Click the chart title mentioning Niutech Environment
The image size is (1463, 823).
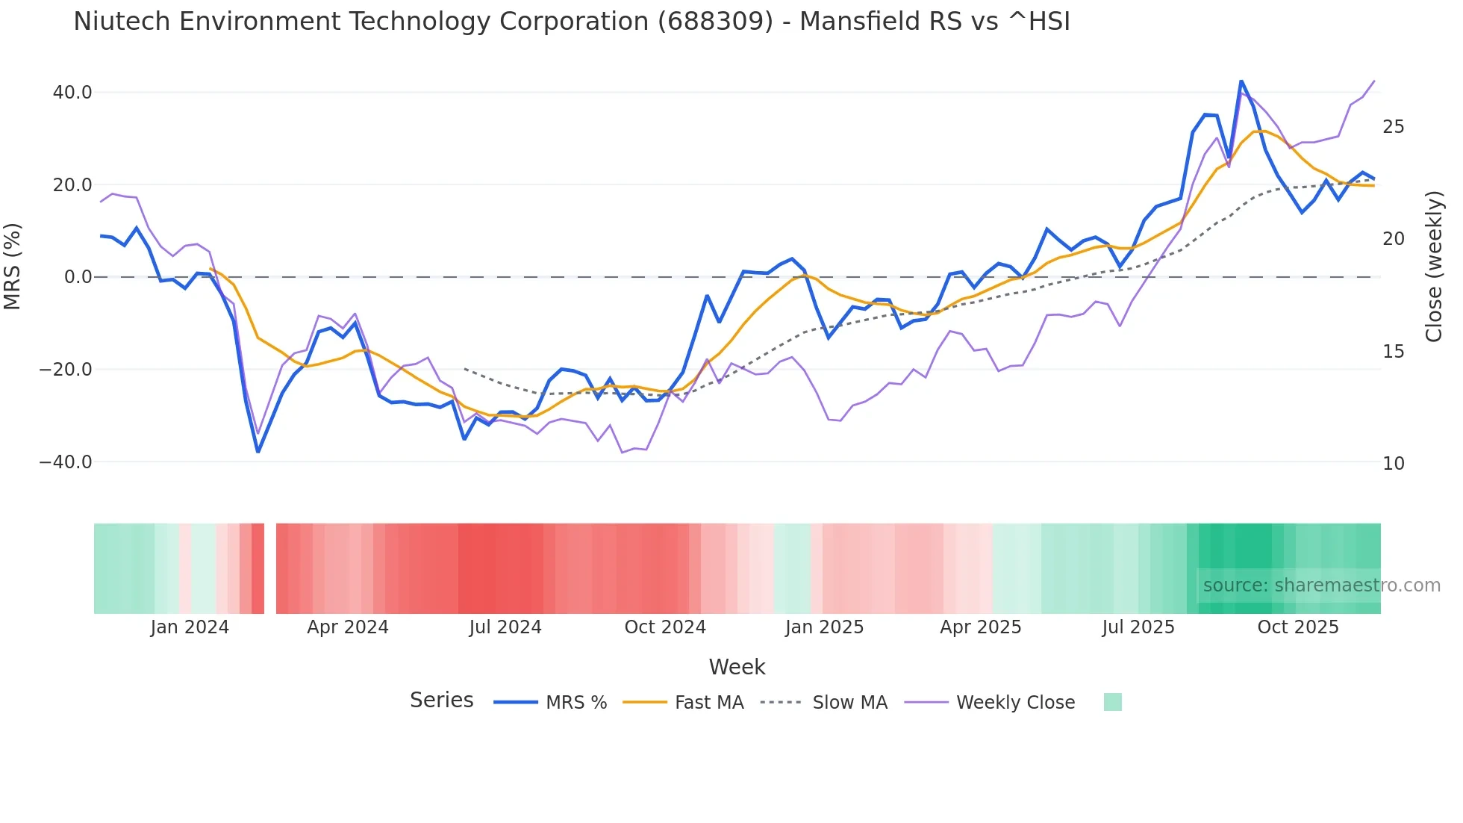click(x=571, y=22)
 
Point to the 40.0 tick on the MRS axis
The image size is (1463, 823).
click(x=72, y=93)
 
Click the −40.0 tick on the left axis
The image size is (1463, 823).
click(x=66, y=462)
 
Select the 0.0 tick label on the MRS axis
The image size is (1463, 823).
click(x=78, y=277)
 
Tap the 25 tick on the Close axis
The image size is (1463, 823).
click(x=1393, y=127)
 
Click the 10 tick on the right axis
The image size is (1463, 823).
click(x=1393, y=464)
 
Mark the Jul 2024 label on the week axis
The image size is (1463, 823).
click(x=505, y=627)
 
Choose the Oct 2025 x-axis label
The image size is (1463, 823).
click(x=1298, y=627)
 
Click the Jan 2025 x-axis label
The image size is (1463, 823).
click(x=824, y=627)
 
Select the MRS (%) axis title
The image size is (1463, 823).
click(x=13, y=266)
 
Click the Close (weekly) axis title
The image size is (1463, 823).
click(x=1434, y=266)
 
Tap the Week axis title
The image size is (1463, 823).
click(x=737, y=667)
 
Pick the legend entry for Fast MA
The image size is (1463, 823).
click(x=708, y=703)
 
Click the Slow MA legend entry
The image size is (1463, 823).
click(x=849, y=703)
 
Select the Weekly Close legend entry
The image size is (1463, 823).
click(x=1015, y=703)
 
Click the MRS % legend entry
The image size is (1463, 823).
click(x=575, y=703)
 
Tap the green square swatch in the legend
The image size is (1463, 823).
click(x=1112, y=702)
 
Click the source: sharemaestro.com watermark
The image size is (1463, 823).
click(x=1321, y=586)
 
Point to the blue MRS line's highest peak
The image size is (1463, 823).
click(x=1241, y=81)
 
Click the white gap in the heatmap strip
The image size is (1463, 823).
click(x=270, y=568)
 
